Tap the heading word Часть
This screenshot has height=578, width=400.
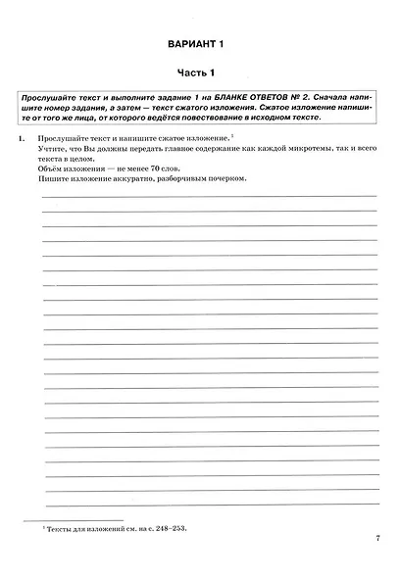(188, 73)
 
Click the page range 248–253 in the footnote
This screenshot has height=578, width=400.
(169, 529)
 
